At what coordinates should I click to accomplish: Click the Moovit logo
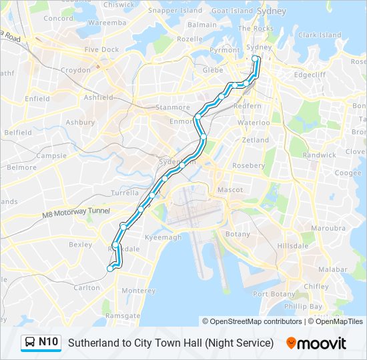tap(316, 343)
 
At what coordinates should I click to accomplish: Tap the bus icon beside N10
tap(29, 343)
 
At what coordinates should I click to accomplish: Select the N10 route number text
tap(49, 343)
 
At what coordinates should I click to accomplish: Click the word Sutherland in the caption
tap(93, 343)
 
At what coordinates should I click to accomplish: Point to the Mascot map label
tap(230, 190)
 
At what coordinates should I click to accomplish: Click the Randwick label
tap(319, 155)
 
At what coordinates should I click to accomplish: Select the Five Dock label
tap(101, 49)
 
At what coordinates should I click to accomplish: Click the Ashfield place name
tap(99, 97)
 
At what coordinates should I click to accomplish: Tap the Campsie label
tap(51, 156)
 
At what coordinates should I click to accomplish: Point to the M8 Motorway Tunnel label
tap(75, 213)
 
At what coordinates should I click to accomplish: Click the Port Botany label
tap(270, 294)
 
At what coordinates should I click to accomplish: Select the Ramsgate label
tap(123, 315)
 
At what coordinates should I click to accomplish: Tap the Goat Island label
tap(232, 11)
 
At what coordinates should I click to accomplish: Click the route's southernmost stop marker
tap(110, 269)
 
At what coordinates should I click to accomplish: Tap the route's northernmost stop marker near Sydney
tap(254, 59)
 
